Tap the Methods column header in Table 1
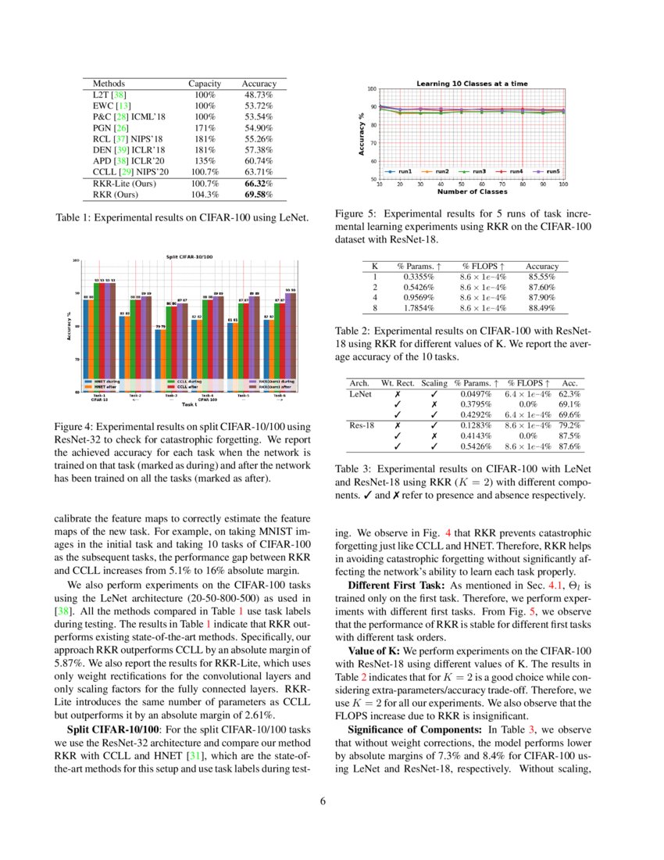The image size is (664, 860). pyautogui.click(x=109, y=83)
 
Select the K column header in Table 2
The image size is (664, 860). pyautogui.click(x=375, y=267)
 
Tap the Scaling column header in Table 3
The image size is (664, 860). pyautogui.click(x=434, y=383)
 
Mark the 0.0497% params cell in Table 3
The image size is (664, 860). pyautogui.click(x=477, y=394)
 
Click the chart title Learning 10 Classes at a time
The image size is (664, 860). pyautogui.click(x=471, y=84)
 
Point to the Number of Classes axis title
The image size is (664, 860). pyautogui.click(x=471, y=192)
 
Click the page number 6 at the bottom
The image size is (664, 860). pyautogui.click(x=332, y=800)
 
